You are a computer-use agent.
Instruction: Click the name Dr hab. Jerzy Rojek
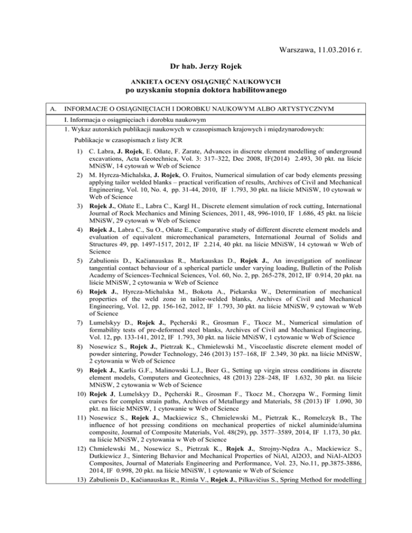(206, 69)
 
